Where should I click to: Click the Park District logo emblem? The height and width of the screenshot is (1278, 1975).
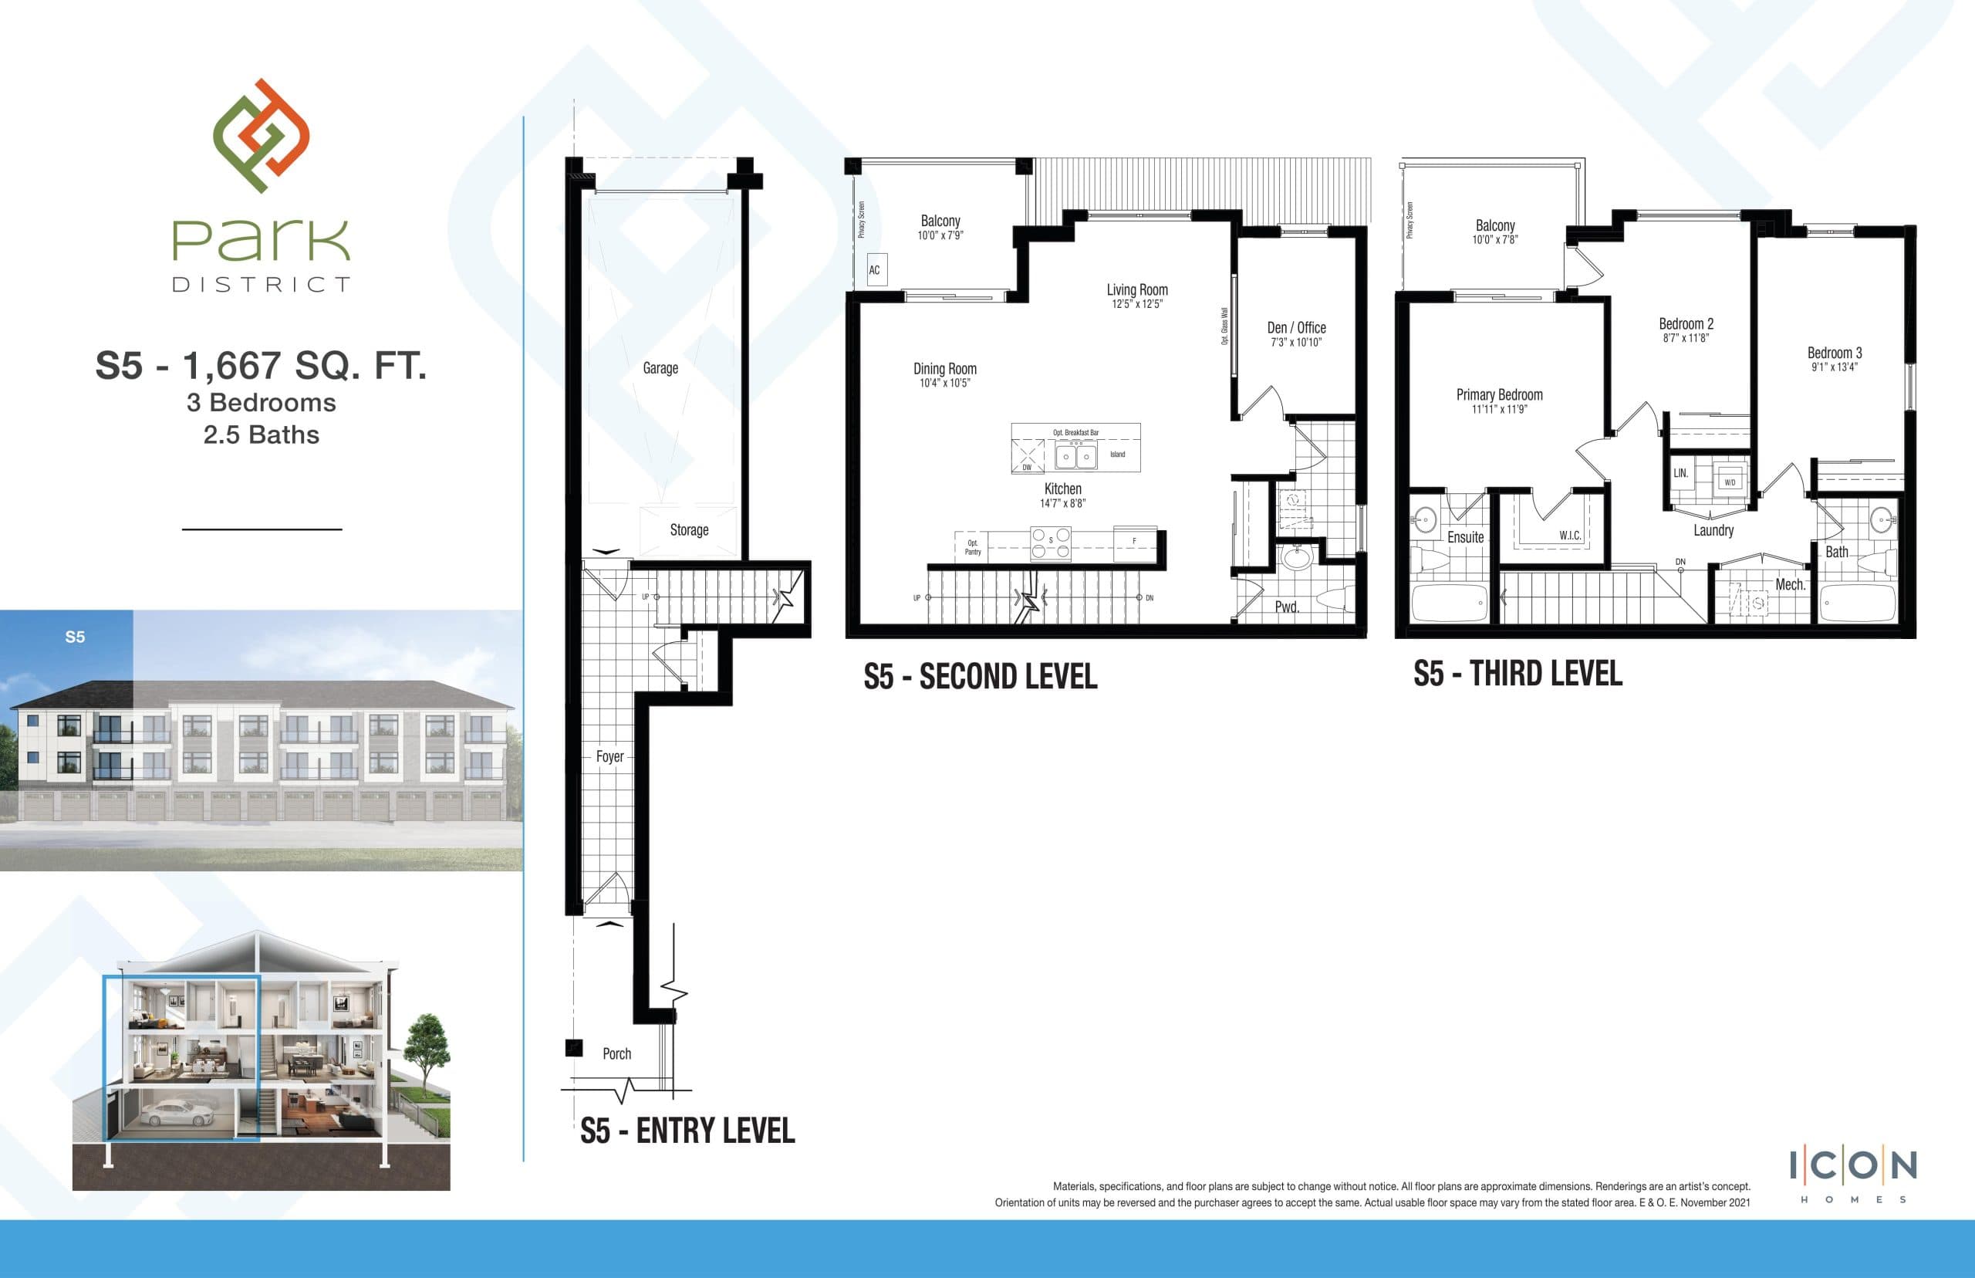262,135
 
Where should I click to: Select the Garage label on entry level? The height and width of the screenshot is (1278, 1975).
660,367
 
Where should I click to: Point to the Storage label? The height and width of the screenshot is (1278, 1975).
688,529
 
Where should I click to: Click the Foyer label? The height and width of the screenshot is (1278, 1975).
609,756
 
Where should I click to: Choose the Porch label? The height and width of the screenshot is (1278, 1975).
616,1053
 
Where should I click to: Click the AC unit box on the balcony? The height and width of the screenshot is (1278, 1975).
875,269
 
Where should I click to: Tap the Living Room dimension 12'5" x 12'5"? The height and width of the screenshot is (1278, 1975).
1137,305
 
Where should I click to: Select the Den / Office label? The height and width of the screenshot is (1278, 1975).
1297,328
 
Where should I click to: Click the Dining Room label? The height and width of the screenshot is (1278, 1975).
945,368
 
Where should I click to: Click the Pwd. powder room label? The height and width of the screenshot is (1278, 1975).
1287,607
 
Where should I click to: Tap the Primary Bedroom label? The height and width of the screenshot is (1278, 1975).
1499,395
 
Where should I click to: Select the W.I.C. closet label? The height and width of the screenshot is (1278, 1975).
1569,536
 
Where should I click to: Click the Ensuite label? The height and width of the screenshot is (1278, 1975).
1465,537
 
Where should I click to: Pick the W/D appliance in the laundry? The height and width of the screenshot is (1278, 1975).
1730,482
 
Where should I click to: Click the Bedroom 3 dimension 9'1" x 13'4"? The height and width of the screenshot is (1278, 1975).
1834,367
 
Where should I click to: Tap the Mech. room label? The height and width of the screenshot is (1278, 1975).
1790,585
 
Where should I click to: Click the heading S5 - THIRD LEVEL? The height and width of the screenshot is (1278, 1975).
1518,674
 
